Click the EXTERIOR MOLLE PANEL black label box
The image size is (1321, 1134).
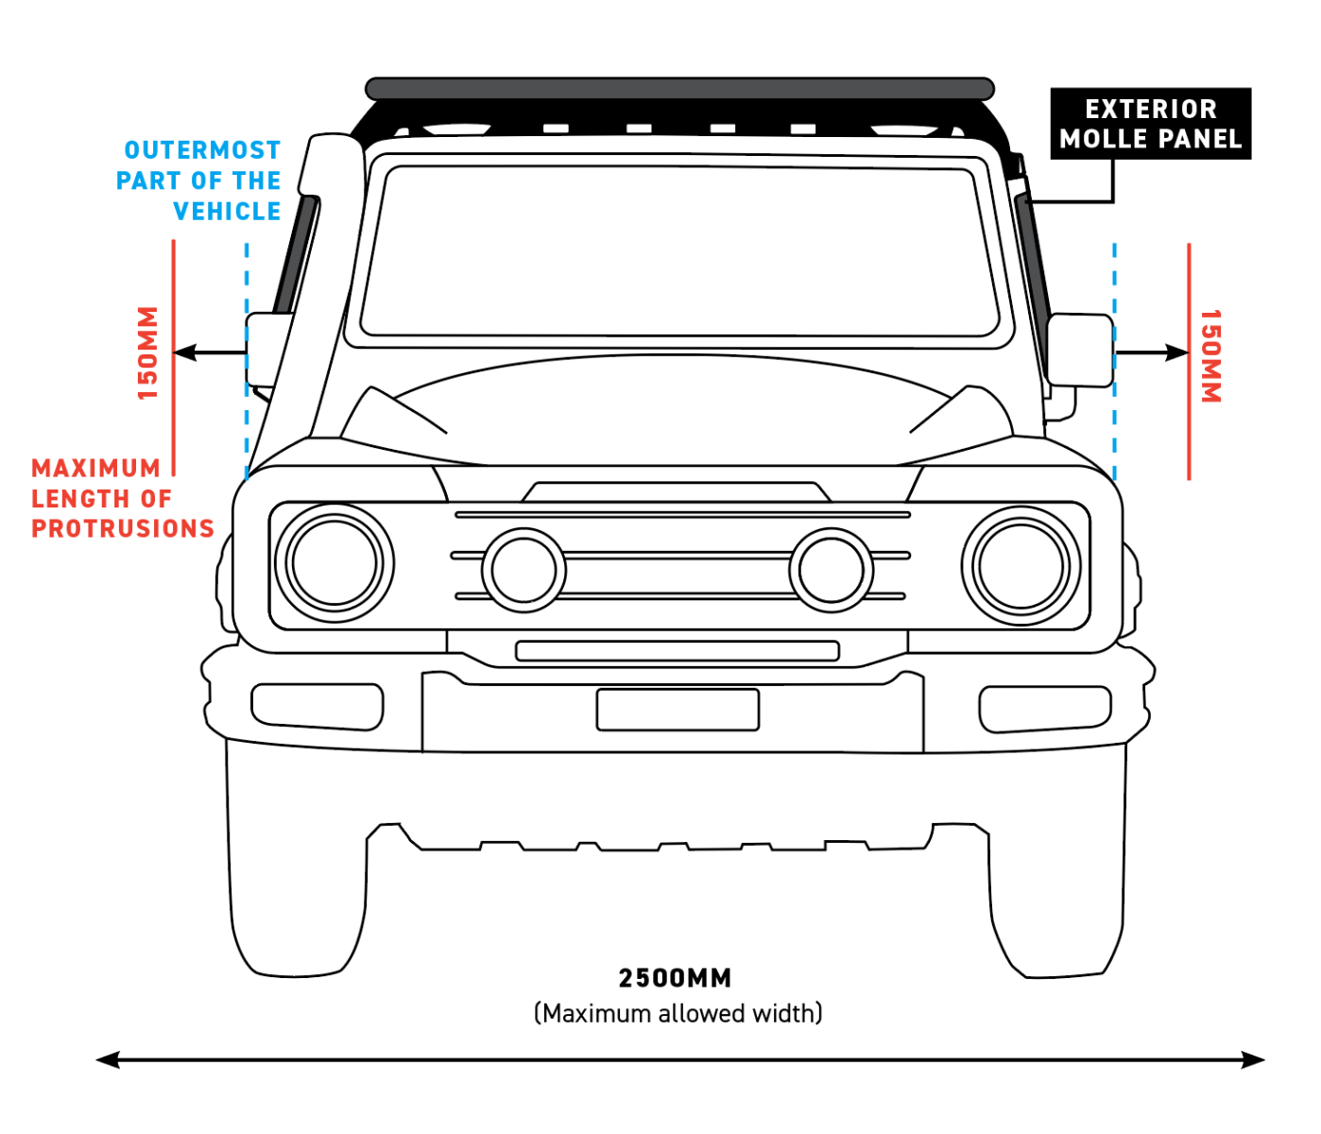(x=1150, y=124)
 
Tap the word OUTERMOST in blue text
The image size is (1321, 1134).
(x=202, y=150)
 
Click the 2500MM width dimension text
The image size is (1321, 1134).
(x=675, y=978)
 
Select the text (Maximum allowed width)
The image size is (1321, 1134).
(x=678, y=1014)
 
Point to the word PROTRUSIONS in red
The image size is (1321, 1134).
(x=123, y=528)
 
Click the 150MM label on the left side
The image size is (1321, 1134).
(x=148, y=352)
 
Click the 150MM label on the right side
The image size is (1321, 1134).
(x=1210, y=356)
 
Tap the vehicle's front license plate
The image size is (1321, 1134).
(x=678, y=710)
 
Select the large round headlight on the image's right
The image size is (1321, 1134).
(x=1021, y=565)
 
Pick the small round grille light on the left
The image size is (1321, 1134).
(x=523, y=570)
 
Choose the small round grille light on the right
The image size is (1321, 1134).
(x=832, y=570)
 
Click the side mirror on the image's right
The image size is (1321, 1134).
(x=1079, y=351)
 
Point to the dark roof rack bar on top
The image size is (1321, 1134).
(x=679, y=89)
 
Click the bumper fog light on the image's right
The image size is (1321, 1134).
(x=1044, y=709)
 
